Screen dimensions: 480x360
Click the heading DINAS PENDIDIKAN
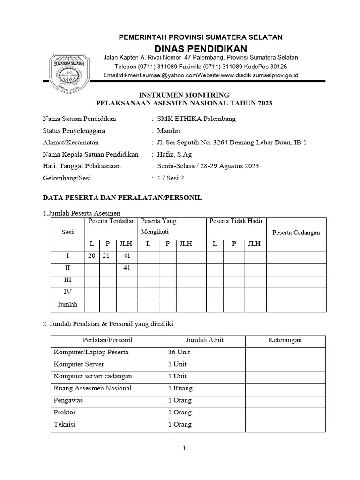(x=201, y=49)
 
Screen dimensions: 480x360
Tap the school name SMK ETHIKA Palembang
(x=196, y=119)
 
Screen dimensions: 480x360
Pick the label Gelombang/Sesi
(x=67, y=178)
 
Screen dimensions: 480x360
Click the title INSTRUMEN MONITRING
(x=184, y=94)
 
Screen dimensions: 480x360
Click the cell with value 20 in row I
(x=92, y=256)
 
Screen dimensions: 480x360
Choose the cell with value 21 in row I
(x=108, y=256)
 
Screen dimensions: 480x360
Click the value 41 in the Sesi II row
(x=126, y=268)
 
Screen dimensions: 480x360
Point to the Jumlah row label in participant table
(x=67, y=305)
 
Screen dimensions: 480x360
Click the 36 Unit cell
(x=180, y=352)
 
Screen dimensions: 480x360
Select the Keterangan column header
(x=285, y=340)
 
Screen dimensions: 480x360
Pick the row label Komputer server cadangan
(x=93, y=376)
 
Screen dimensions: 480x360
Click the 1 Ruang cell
(x=180, y=388)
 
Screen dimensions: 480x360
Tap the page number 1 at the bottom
(x=185, y=448)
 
